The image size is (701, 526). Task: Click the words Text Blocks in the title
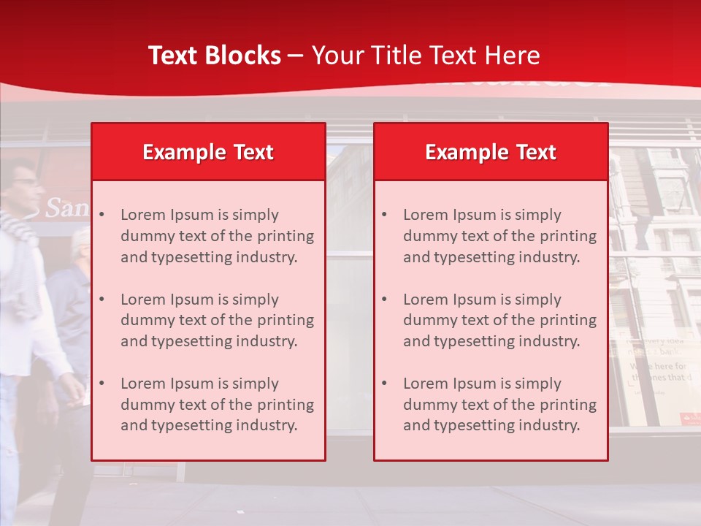click(214, 56)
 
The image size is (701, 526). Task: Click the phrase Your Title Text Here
click(426, 56)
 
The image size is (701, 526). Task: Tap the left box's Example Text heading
click(208, 152)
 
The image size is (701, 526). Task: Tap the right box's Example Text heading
click(491, 152)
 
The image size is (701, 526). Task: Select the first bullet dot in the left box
click(101, 215)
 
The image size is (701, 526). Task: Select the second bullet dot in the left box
click(101, 300)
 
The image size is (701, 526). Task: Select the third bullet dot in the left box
click(101, 384)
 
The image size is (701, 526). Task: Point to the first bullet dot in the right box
click(384, 215)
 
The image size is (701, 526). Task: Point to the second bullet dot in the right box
click(384, 300)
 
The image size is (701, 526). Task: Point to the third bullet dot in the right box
click(384, 384)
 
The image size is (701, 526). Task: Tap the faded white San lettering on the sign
click(63, 208)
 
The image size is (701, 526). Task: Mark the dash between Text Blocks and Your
click(296, 56)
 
